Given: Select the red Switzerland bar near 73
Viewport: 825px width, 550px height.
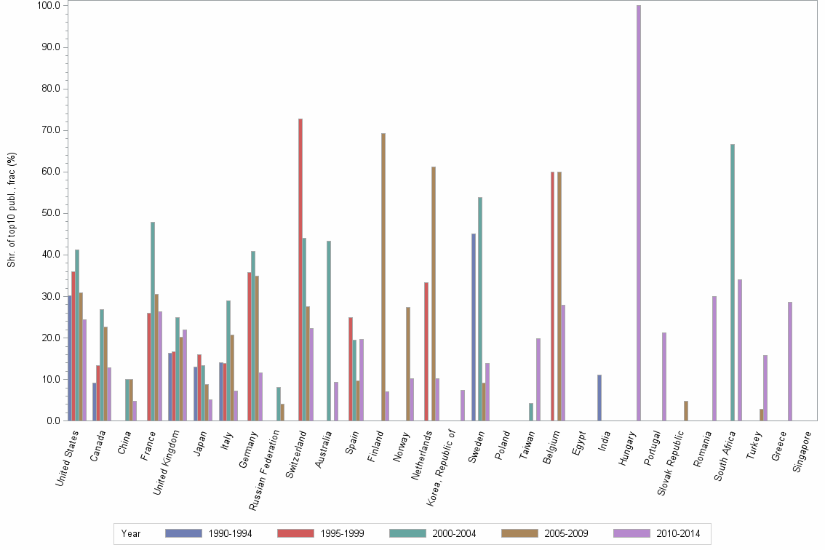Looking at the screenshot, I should pyautogui.click(x=300, y=270).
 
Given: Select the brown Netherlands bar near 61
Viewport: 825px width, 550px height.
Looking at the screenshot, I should pyautogui.click(x=434, y=294).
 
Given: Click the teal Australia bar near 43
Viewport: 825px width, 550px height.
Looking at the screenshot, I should pyautogui.click(x=329, y=331).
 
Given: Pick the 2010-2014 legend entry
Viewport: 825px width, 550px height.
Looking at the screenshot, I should pyautogui.click(x=657, y=533).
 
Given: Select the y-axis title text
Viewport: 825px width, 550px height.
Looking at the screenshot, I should pyautogui.click(x=12, y=210).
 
